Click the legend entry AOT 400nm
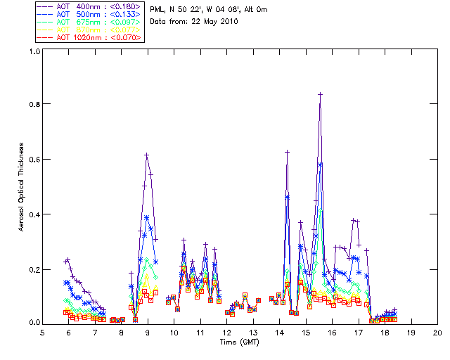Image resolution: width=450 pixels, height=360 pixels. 74,6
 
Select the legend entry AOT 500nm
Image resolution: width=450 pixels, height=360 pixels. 74,14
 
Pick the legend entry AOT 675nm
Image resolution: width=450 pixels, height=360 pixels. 74,22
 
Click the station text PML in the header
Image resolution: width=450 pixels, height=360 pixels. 157,9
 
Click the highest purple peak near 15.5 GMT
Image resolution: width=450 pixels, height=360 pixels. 320,94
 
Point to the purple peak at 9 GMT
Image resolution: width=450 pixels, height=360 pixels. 147,155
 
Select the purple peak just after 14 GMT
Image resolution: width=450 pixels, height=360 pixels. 287,151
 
